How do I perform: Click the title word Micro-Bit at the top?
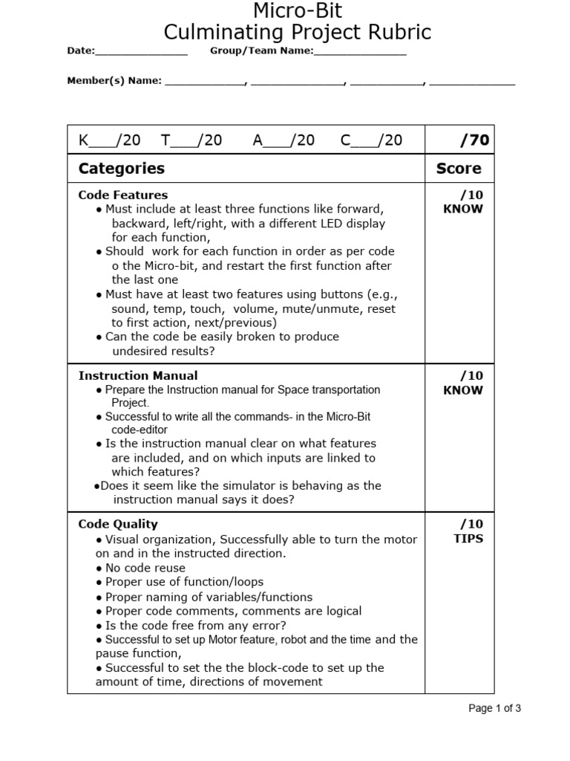298,10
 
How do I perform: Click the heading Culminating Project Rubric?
297,33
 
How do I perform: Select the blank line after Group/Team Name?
360,53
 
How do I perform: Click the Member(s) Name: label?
114,81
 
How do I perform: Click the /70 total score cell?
474,140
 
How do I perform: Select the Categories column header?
122,169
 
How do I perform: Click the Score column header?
459,169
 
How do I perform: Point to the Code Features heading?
123,195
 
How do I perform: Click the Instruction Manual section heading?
138,375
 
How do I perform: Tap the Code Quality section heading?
118,524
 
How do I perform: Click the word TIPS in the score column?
468,539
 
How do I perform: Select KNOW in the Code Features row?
462,209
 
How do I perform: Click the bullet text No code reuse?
145,568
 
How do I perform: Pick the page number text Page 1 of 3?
494,708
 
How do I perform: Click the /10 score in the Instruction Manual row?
471,375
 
